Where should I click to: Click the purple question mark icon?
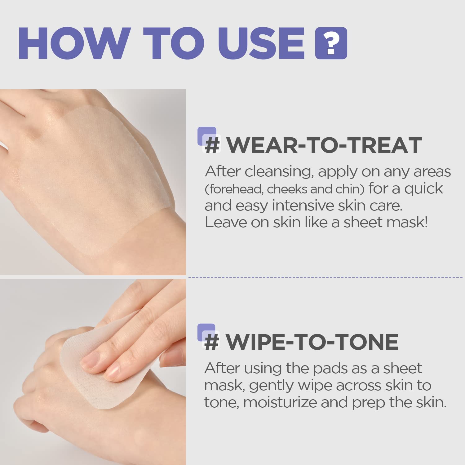coord(331,43)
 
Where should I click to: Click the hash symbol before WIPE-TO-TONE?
coord(212,342)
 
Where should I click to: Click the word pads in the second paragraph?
coord(330,368)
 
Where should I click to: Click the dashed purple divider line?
coord(325,277)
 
